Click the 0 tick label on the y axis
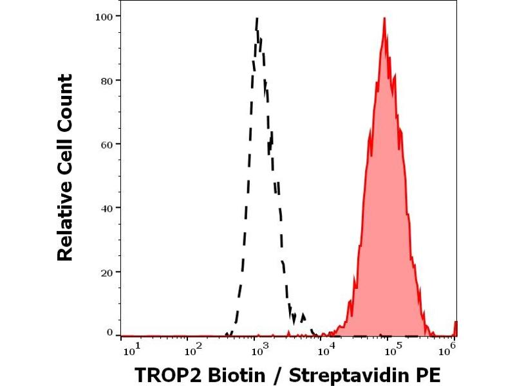coord(109,332)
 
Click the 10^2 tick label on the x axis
coord(192,349)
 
